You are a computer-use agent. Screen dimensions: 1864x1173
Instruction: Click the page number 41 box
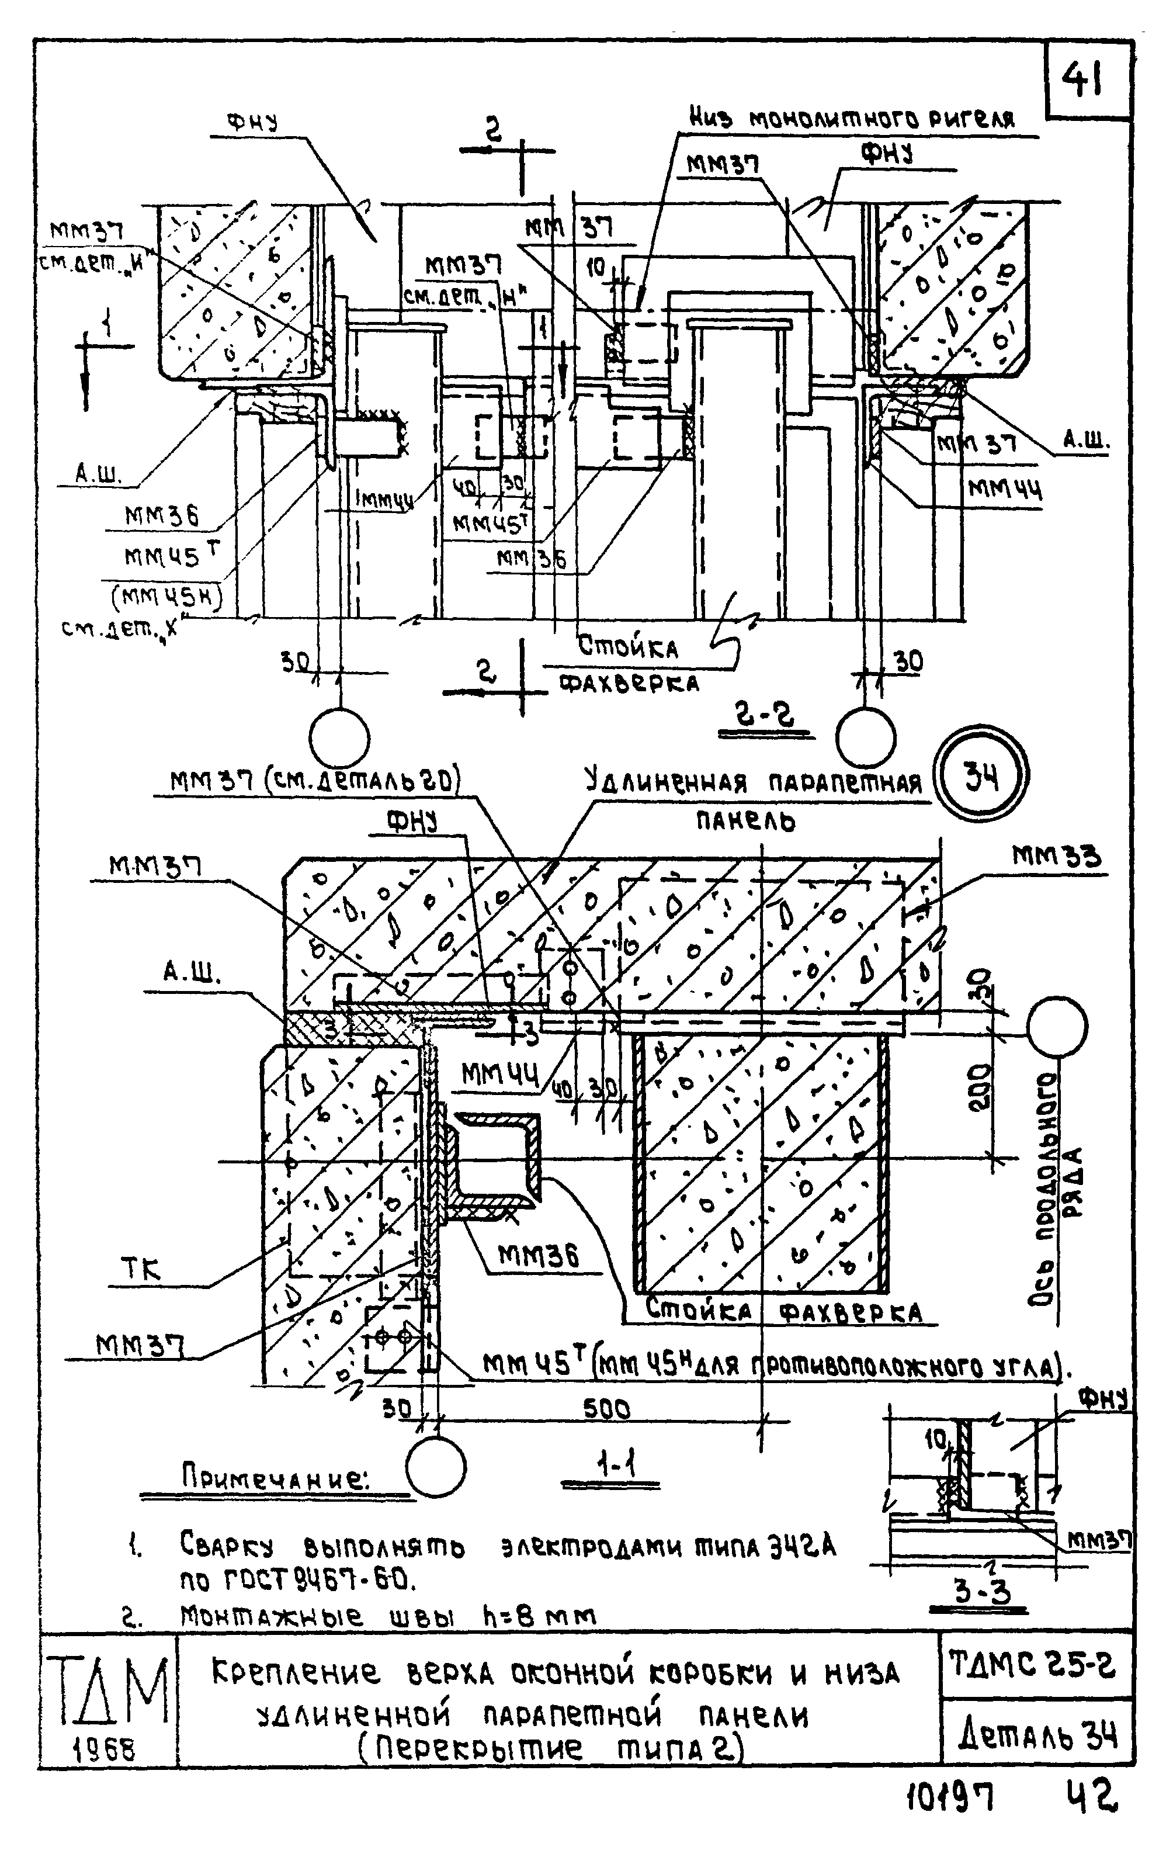[x=1087, y=79]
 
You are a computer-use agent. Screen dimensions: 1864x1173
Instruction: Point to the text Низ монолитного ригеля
[x=851, y=119]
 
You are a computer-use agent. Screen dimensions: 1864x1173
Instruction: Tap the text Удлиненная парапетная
[x=753, y=784]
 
